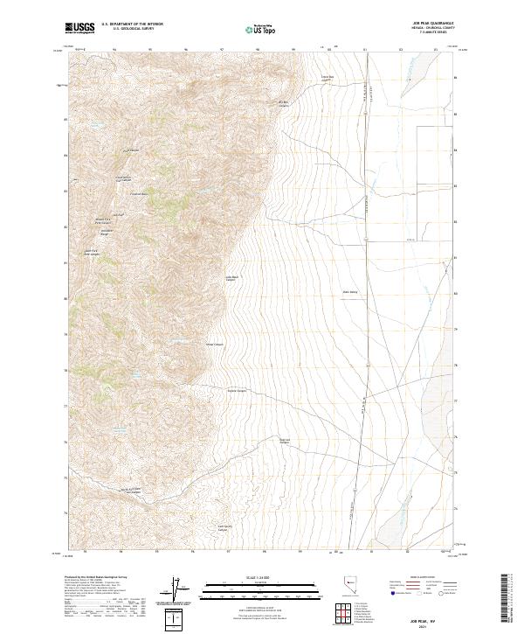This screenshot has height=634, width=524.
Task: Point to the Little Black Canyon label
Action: coord(233,278)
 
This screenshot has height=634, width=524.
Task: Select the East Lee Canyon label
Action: coord(284,440)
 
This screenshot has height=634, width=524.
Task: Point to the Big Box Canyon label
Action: coord(283,104)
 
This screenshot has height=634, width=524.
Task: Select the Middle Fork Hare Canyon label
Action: coord(102,220)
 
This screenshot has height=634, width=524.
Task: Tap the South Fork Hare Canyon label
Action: coord(93,254)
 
